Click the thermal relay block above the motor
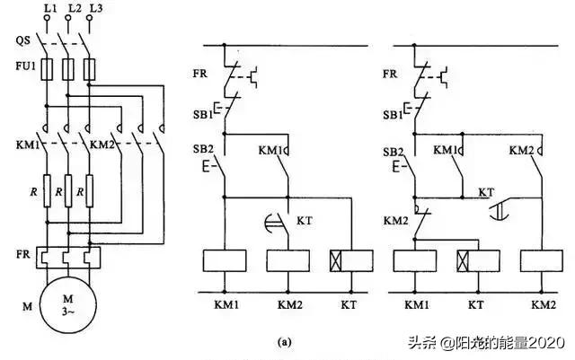click(68, 259)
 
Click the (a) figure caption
click(285, 341)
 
